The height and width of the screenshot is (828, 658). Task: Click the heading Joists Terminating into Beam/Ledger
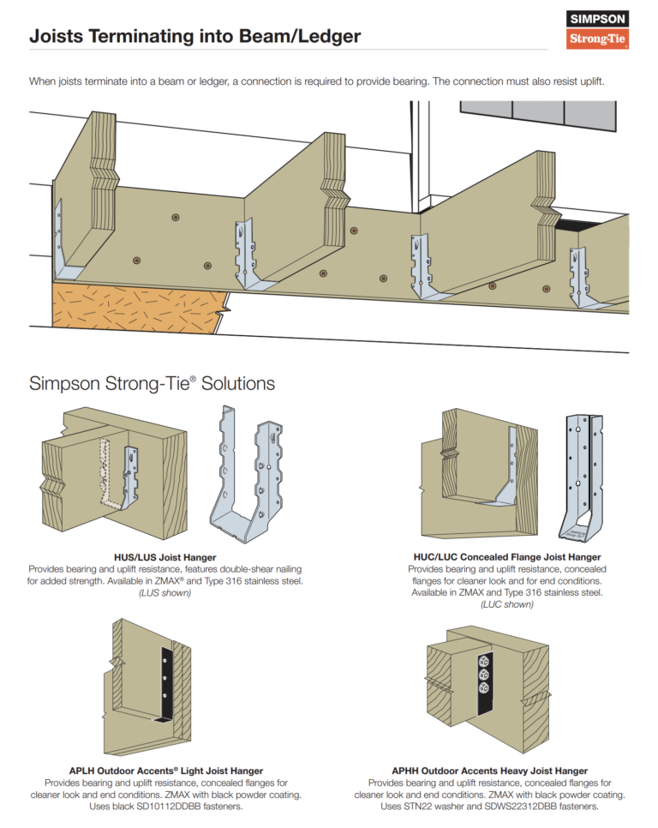click(194, 37)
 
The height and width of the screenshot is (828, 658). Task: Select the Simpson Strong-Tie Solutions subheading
click(152, 383)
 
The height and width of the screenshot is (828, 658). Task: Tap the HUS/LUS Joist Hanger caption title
click(164, 557)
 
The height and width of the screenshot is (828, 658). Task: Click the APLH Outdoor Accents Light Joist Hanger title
click(165, 771)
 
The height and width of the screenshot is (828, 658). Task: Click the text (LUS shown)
click(164, 593)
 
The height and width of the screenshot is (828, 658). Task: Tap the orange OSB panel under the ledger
click(137, 304)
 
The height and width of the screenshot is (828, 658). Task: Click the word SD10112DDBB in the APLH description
click(178, 807)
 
